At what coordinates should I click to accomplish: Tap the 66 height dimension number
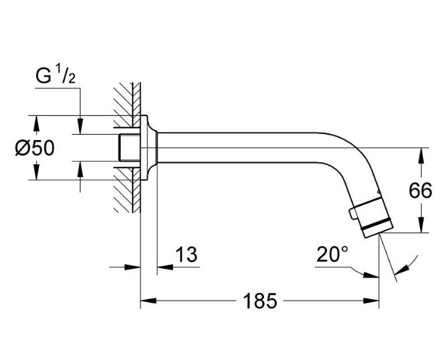click(420, 191)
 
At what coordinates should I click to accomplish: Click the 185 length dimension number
click(261, 301)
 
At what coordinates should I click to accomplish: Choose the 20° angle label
click(332, 254)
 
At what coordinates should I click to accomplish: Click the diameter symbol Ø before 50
click(23, 148)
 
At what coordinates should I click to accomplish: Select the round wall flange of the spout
click(149, 147)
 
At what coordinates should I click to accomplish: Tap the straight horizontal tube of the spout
click(255, 147)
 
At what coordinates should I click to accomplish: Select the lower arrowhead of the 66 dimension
click(421, 227)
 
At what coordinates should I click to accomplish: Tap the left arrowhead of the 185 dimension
click(145, 301)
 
